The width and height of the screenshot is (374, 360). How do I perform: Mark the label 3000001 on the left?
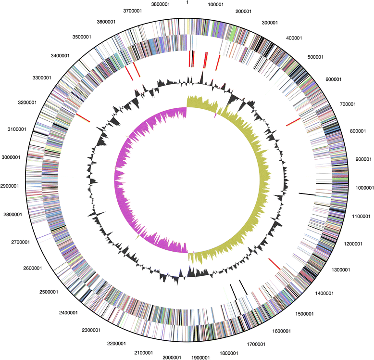point(17,157)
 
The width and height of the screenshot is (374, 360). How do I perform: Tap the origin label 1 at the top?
point(187,2)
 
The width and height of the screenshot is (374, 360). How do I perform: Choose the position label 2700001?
point(19,242)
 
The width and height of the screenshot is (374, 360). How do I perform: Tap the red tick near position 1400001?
point(274,264)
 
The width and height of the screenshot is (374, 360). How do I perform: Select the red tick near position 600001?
point(293,122)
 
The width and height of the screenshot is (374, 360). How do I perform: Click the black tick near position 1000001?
point(307,194)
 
